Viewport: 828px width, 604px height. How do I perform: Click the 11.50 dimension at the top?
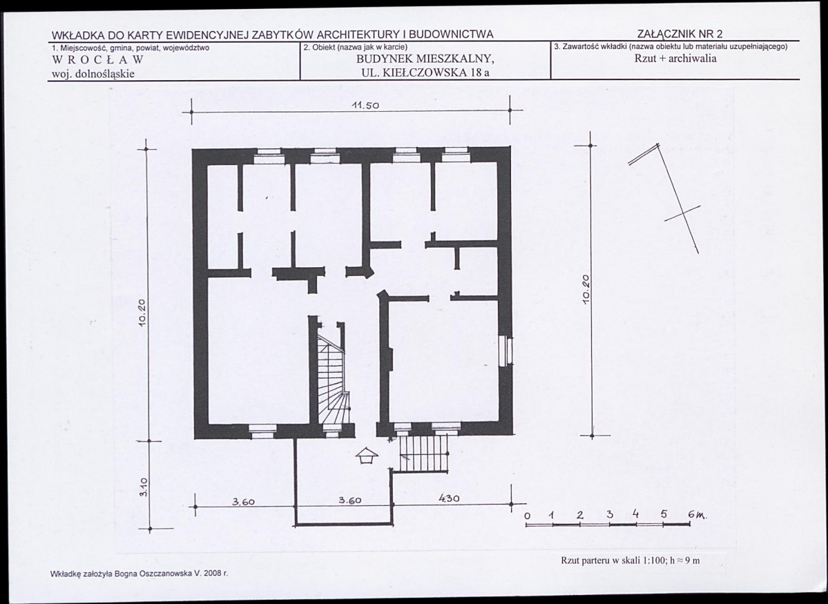click(365, 105)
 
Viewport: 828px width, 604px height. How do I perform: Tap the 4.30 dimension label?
click(448, 498)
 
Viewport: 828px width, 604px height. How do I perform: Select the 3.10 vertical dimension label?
click(144, 486)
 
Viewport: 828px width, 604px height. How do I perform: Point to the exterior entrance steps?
click(423, 453)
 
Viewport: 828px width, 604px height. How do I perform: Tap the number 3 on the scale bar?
click(610, 514)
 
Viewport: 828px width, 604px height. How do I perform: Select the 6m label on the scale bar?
click(697, 515)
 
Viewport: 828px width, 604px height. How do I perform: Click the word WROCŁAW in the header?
click(97, 59)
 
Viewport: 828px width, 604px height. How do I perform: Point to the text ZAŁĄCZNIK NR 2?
click(680, 35)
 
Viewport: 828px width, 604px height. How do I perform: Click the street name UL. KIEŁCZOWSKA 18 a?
click(425, 73)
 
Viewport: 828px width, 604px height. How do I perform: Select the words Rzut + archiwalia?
click(675, 59)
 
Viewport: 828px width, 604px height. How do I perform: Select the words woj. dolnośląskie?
click(93, 74)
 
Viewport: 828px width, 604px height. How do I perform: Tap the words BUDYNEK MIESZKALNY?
click(425, 59)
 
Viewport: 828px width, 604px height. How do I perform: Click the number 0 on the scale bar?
click(527, 516)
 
